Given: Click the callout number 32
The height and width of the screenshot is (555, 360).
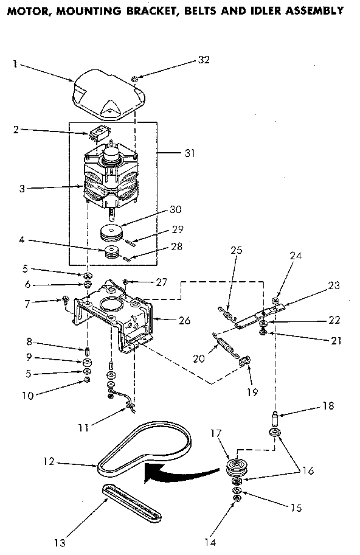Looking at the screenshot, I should click(204, 60).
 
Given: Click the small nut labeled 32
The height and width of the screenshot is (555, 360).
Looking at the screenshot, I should click(135, 79).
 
